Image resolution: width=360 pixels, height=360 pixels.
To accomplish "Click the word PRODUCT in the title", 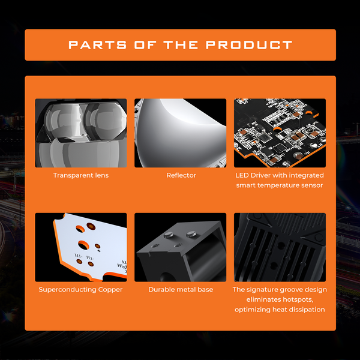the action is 249,45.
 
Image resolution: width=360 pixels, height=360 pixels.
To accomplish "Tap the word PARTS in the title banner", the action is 97,45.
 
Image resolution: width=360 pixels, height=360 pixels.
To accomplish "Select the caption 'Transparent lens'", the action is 81,175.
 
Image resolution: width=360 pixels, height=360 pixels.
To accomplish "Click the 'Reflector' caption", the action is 181,175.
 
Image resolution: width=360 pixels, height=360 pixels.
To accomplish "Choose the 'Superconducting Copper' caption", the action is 80,290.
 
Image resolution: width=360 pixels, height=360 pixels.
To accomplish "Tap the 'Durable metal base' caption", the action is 181,290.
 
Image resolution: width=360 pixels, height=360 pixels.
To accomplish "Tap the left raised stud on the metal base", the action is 169,235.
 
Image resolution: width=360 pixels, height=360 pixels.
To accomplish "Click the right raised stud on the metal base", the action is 191,234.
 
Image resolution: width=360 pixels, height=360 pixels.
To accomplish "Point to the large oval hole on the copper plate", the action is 83,245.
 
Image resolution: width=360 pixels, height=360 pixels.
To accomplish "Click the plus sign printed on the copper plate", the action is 99,251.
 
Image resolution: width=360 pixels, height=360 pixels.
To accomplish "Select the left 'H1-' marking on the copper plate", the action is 78,256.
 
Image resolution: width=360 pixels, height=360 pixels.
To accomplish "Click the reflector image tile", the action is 180,133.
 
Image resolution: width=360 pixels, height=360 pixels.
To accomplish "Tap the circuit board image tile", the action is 280,133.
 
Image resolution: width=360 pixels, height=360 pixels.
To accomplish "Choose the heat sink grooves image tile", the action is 280,247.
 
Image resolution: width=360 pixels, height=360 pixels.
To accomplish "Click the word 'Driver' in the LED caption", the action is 261,175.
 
